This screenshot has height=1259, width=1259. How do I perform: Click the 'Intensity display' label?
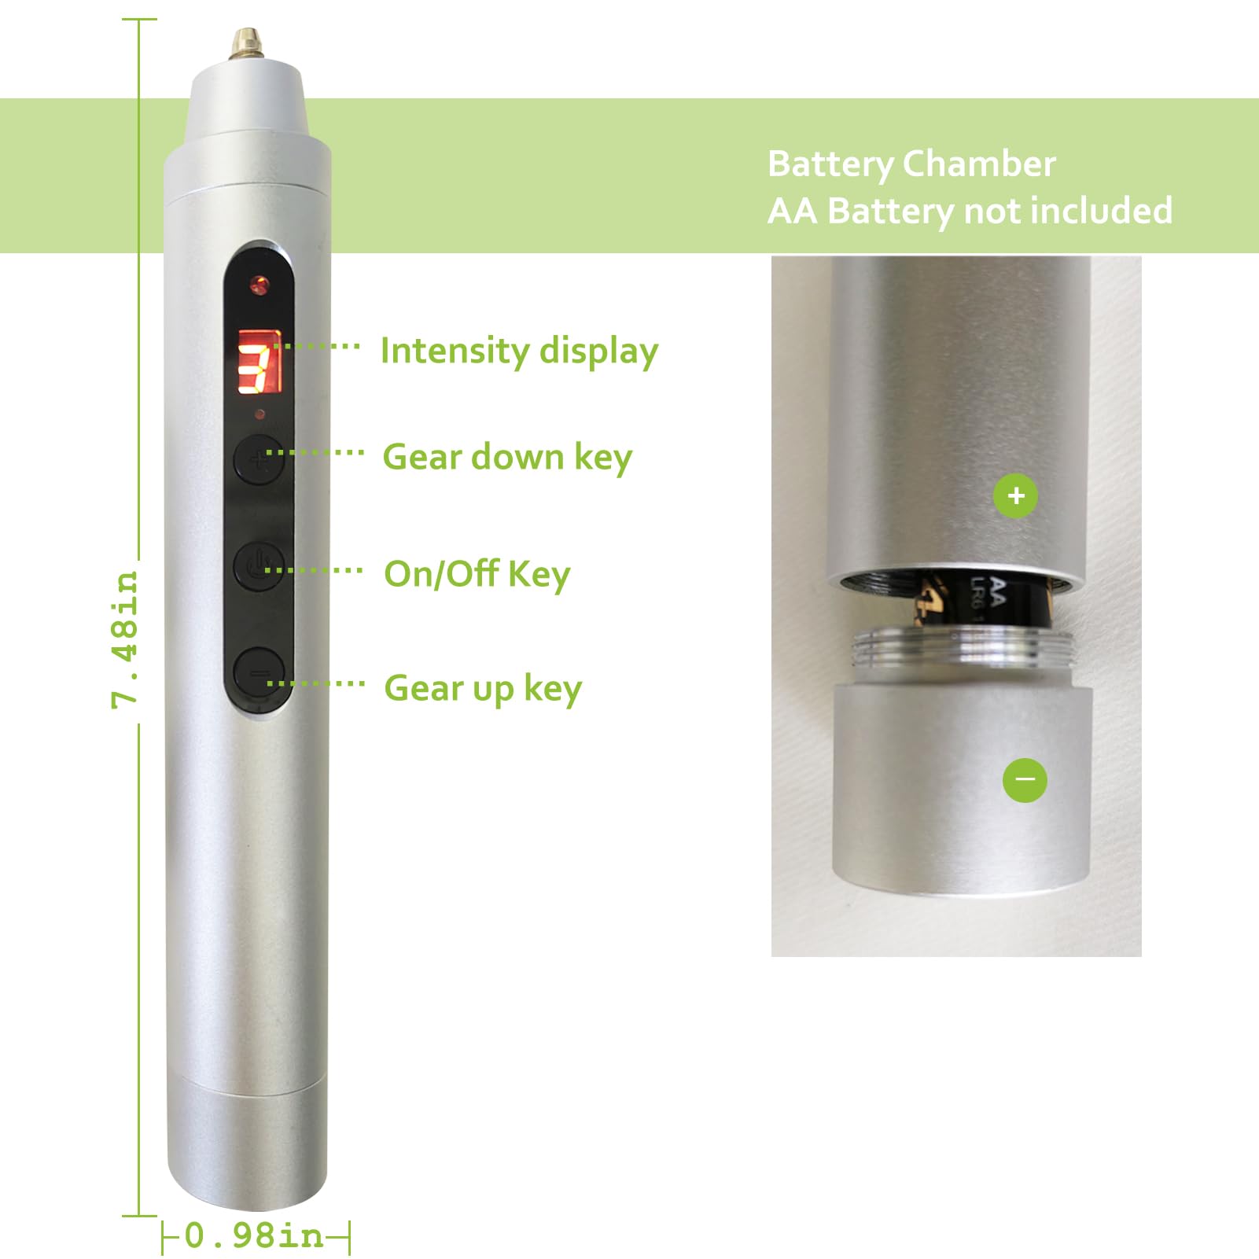[519, 352]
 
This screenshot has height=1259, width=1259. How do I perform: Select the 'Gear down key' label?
[507, 457]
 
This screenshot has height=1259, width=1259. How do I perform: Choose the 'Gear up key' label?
[483, 688]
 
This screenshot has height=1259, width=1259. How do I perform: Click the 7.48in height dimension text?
[126, 639]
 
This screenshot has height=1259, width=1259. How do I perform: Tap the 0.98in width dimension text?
[254, 1235]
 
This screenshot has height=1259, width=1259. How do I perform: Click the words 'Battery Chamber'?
[911, 164]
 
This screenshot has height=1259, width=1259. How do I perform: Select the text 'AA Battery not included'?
[969, 211]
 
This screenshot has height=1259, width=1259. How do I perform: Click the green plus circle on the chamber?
[1015, 495]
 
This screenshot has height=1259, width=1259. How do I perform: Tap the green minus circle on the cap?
[1025, 779]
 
